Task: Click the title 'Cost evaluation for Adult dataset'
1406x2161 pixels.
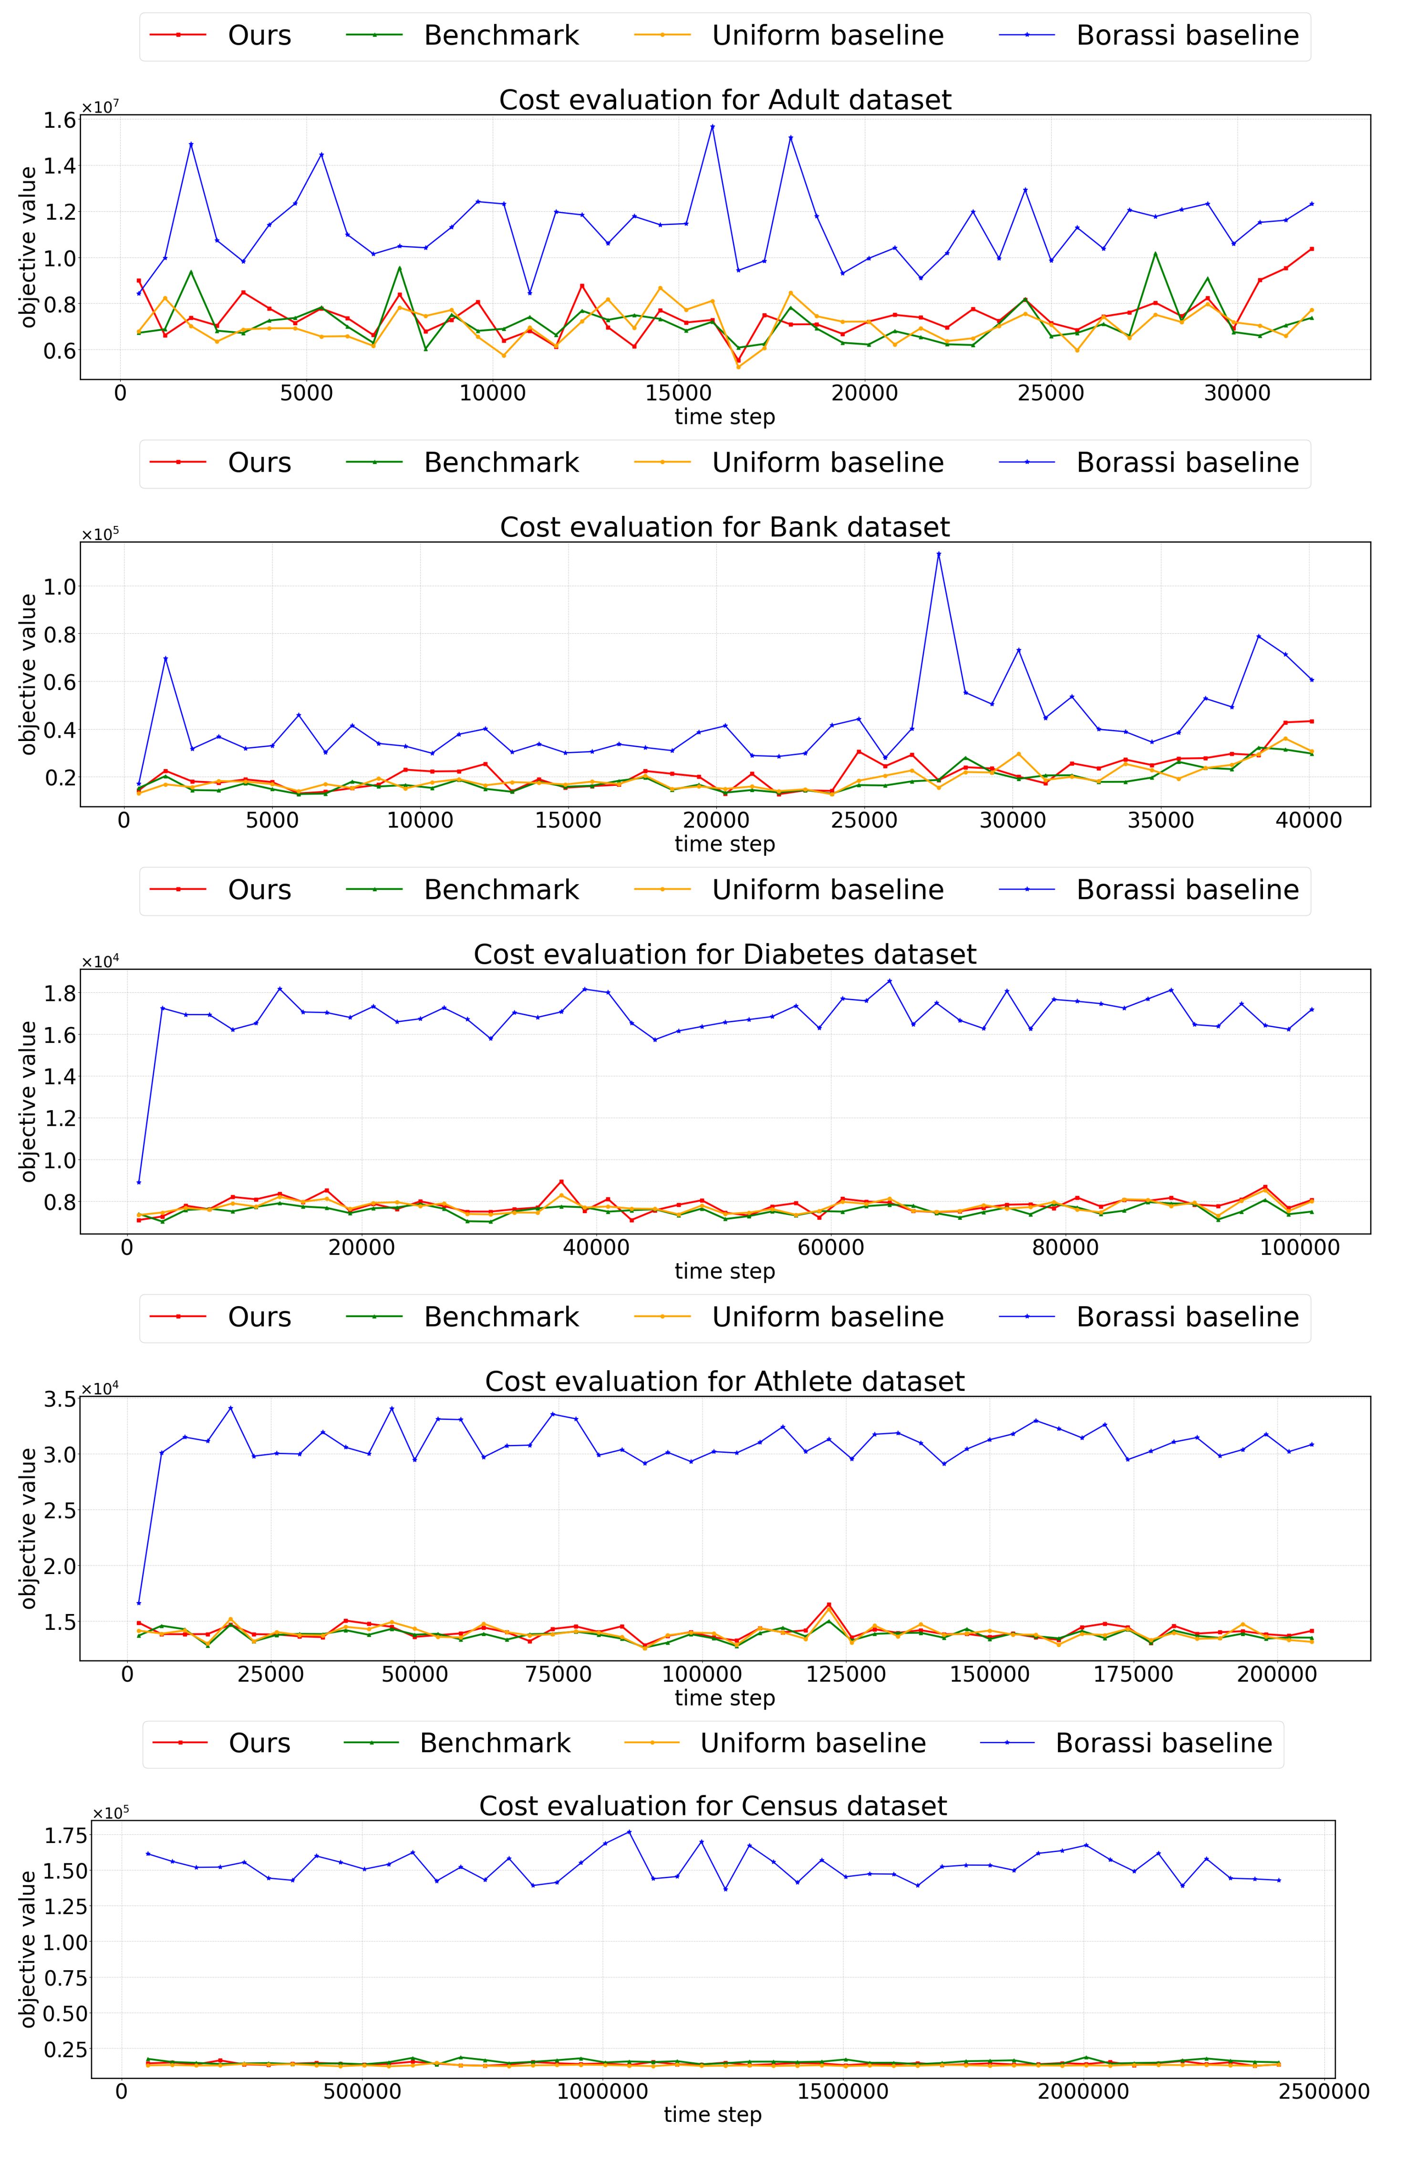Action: (725, 99)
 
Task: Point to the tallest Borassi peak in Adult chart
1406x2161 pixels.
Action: (712, 126)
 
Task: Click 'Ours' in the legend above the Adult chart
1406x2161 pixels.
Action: (259, 35)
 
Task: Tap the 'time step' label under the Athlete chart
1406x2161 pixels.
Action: (725, 1698)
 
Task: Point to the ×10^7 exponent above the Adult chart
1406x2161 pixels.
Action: (100, 107)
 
